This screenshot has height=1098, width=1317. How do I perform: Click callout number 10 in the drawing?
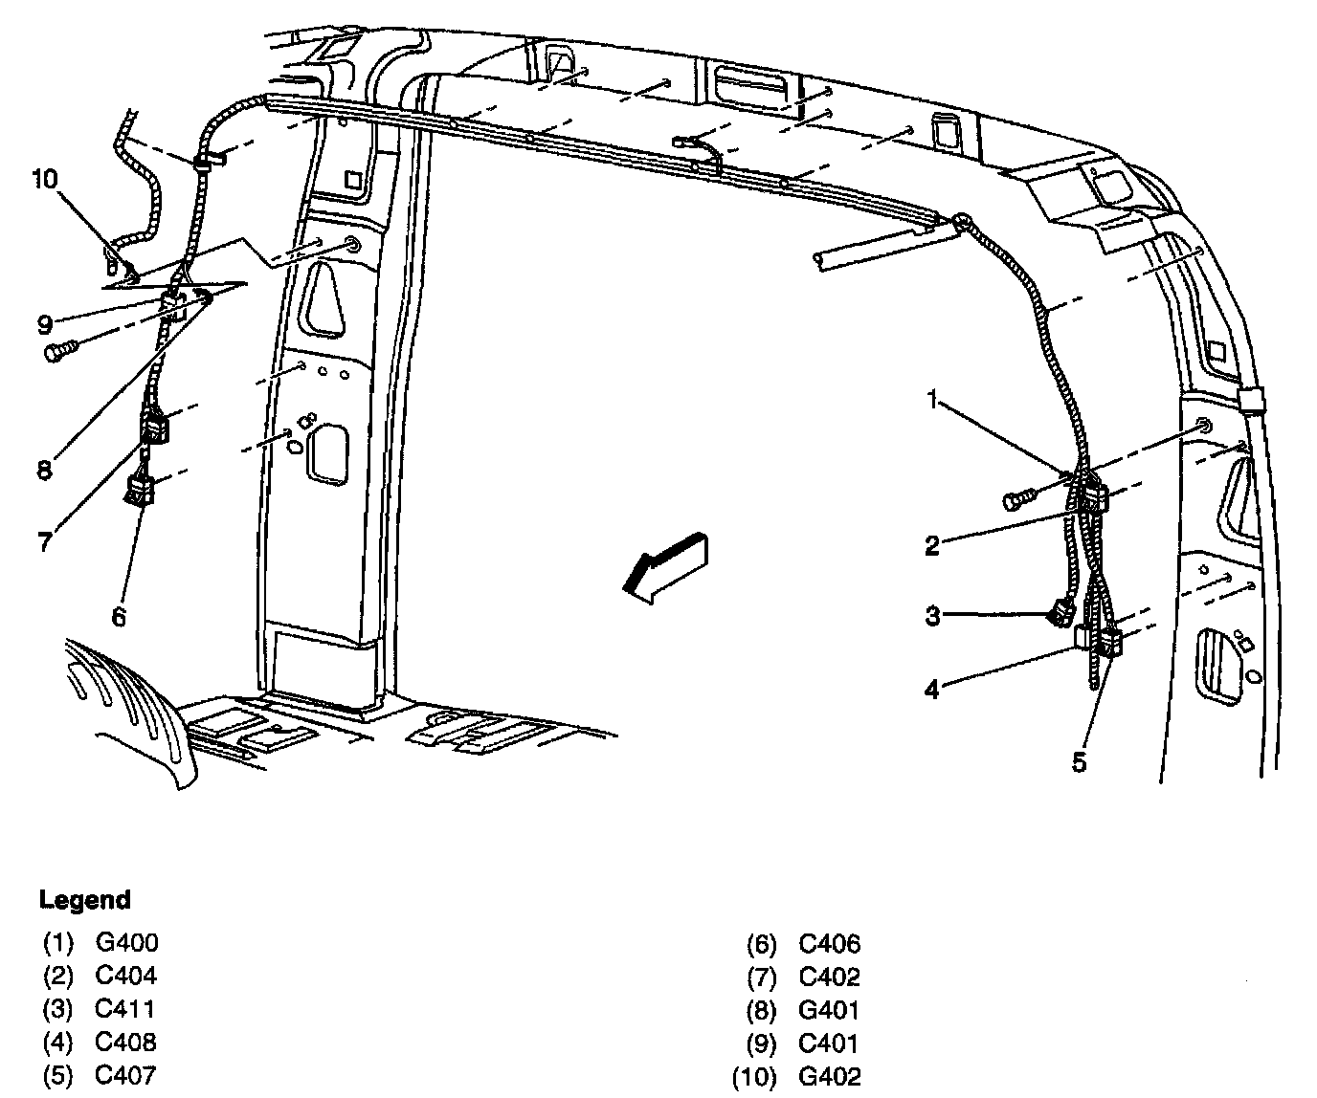pos(44,179)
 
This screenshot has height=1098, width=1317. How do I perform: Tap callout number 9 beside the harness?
pos(45,324)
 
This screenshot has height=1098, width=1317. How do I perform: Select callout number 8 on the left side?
pos(45,470)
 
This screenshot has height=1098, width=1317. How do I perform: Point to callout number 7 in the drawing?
pos(44,541)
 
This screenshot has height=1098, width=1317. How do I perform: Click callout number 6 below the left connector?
pos(118,617)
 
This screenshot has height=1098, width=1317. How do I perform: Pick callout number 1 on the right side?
pos(932,400)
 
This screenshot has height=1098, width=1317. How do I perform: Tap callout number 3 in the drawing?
pos(932,616)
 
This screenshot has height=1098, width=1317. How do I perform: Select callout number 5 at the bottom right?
pos(1079,761)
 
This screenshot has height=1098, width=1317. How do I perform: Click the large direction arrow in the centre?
pos(665,566)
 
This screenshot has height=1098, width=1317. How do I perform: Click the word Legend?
pos(84,900)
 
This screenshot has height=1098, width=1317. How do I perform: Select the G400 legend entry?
pos(126,942)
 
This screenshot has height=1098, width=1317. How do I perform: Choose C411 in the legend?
pos(125,1008)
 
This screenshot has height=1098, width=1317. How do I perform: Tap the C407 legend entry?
pos(125,1074)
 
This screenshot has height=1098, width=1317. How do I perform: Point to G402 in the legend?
pos(830,1077)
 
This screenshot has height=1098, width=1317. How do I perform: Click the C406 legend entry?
pos(830,945)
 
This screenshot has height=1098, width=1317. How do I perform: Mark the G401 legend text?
pos(830,1010)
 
